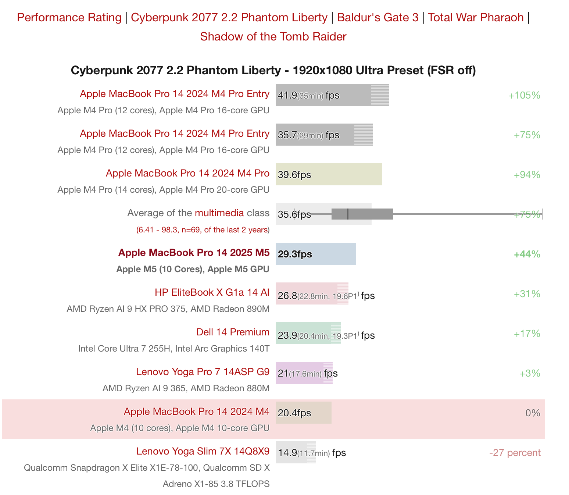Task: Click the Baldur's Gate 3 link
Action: (377, 17)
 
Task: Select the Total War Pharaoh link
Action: (475, 17)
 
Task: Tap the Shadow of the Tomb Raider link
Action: (273, 36)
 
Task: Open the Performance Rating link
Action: (69, 17)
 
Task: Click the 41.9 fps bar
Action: (332, 95)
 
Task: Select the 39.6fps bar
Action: (329, 174)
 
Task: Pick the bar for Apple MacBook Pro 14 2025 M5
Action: (315, 254)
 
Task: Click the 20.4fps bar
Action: (303, 413)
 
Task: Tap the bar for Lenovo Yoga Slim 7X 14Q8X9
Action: (296, 452)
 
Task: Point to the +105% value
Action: (524, 96)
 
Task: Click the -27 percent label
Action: (515, 453)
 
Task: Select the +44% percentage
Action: (527, 254)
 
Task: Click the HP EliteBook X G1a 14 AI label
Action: (212, 292)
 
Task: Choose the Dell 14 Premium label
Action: (233, 332)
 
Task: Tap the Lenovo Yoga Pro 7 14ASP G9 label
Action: (203, 372)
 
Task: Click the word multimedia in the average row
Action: (219, 213)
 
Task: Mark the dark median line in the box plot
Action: (348, 214)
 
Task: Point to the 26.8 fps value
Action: (287, 296)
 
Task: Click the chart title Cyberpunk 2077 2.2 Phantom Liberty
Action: (273, 70)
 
